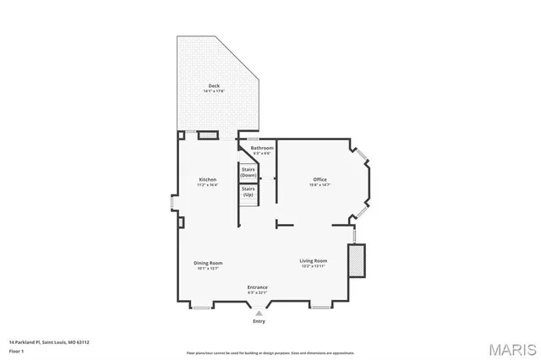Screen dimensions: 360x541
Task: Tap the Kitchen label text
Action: (x=208, y=179)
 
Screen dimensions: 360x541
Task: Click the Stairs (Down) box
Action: (x=249, y=172)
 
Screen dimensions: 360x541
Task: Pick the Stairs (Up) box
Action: (x=249, y=192)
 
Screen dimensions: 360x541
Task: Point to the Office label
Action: (x=320, y=179)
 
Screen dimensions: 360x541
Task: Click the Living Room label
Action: (x=313, y=260)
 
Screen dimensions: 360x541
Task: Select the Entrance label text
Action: (x=258, y=287)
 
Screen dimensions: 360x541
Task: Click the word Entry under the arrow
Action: (x=259, y=321)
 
